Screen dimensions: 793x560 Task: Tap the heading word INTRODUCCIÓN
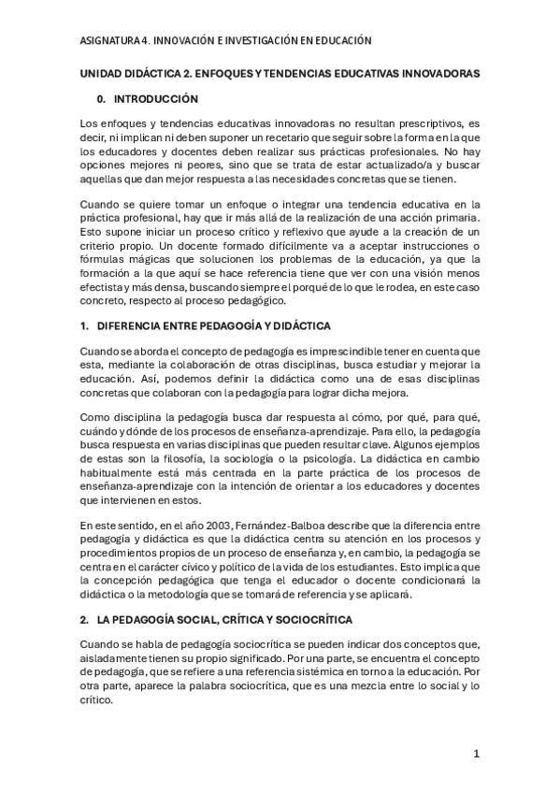pos(156,97)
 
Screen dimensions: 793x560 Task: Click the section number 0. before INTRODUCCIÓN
pos(102,97)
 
